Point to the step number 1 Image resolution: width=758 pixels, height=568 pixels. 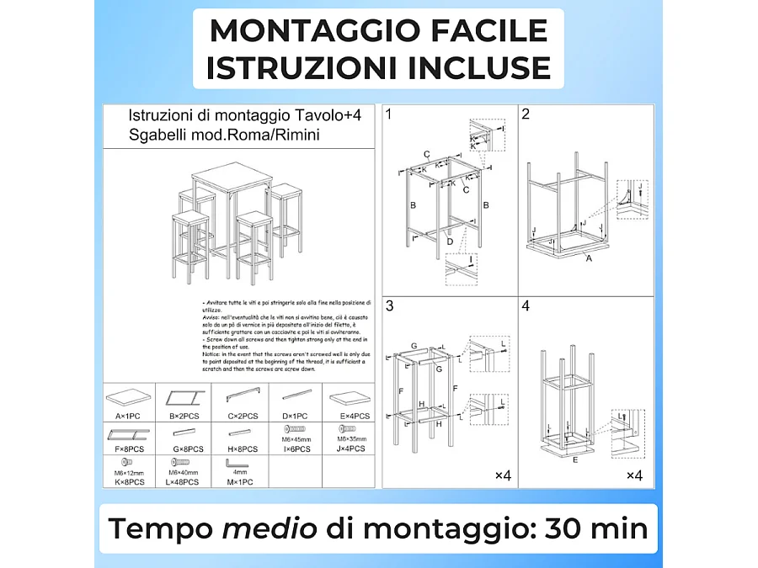[x=388, y=114]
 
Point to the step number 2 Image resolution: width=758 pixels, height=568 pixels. [x=526, y=114]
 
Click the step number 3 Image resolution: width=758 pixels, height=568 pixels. [x=389, y=306]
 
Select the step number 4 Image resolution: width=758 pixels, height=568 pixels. [x=526, y=306]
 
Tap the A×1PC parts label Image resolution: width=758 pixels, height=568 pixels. [x=127, y=416]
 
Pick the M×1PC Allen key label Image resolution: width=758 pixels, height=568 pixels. [x=239, y=481]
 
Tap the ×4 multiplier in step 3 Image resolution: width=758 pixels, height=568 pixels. [x=503, y=476]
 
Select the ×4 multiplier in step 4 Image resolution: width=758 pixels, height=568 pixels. [x=634, y=476]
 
